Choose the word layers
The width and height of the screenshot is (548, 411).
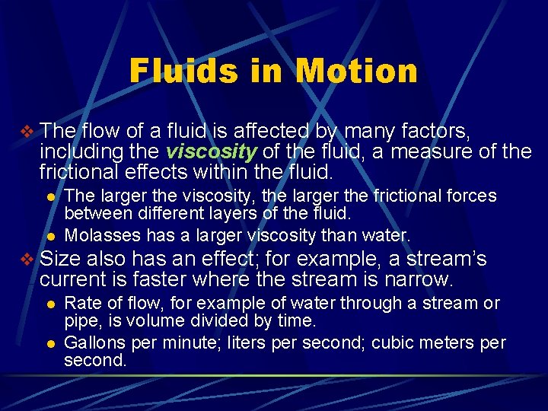[213, 214]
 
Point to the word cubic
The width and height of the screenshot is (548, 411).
[395, 342]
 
